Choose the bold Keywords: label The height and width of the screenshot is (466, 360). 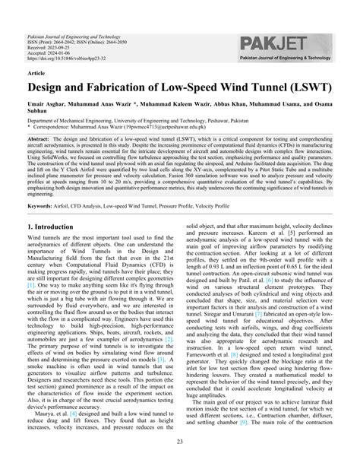point(43,205)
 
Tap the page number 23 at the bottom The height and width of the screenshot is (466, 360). point(180,442)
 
